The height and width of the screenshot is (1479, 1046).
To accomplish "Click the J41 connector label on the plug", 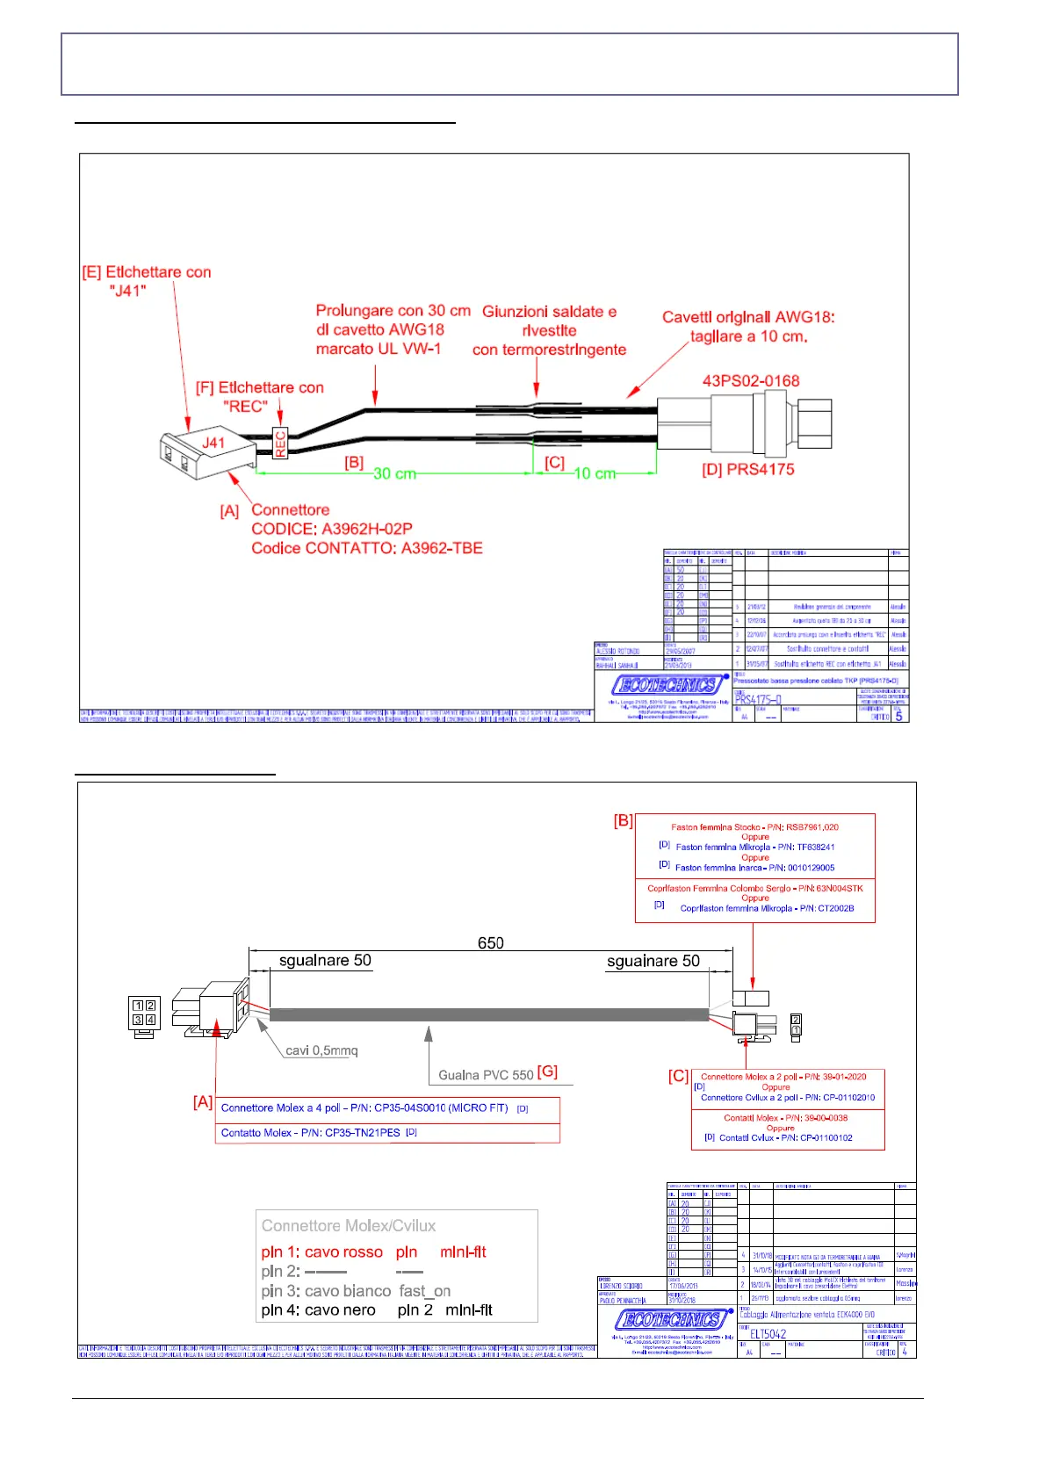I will pyautogui.click(x=213, y=443).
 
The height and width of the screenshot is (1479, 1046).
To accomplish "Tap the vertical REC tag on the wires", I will pyautogui.click(x=280, y=443).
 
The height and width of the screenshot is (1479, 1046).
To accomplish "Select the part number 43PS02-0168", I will pyautogui.click(x=751, y=381).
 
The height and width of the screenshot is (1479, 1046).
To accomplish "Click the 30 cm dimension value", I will pyautogui.click(x=394, y=473).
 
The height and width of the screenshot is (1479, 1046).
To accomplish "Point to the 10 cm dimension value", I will pyautogui.click(x=594, y=473).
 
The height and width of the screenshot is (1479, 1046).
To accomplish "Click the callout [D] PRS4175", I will pyautogui.click(x=747, y=470).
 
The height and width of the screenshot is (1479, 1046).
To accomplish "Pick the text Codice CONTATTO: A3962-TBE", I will pyautogui.click(x=366, y=548).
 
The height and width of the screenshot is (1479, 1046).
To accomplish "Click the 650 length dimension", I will pyautogui.click(x=490, y=943).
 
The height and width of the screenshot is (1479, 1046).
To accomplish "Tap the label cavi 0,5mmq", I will pyautogui.click(x=321, y=1050).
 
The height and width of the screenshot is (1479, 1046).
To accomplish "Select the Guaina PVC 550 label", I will pyautogui.click(x=487, y=1075).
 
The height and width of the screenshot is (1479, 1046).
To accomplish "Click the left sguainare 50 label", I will pyautogui.click(x=325, y=961).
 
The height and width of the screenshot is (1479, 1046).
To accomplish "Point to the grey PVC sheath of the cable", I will pyautogui.click(x=488, y=1014).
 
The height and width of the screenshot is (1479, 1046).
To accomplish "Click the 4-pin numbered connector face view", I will pyautogui.click(x=143, y=1014).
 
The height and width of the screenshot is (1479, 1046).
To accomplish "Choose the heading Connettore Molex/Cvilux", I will pyautogui.click(x=348, y=1226).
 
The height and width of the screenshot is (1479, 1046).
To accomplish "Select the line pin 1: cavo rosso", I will pyautogui.click(x=321, y=1252).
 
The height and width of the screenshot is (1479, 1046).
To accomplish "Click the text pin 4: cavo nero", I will pyautogui.click(x=318, y=1310).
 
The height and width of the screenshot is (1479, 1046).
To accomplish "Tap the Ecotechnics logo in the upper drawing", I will pyautogui.click(x=670, y=685).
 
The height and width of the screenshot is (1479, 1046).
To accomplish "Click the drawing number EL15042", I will pyautogui.click(x=768, y=1334).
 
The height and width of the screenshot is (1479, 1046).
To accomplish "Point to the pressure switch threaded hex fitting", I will pyautogui.click(x=813, y=422).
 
